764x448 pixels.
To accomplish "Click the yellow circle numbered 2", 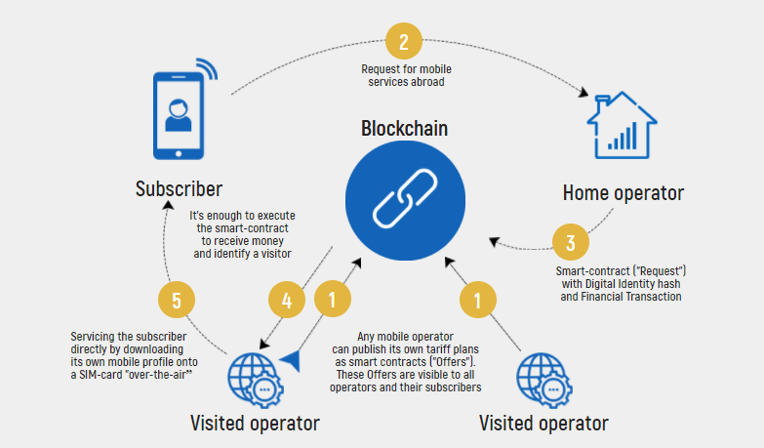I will point(403,42).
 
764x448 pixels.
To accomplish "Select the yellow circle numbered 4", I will point(287,302).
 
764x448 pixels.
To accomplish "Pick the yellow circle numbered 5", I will point(177,301).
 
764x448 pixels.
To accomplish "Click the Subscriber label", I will point(179,188).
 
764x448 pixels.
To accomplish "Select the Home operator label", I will point(623,192).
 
